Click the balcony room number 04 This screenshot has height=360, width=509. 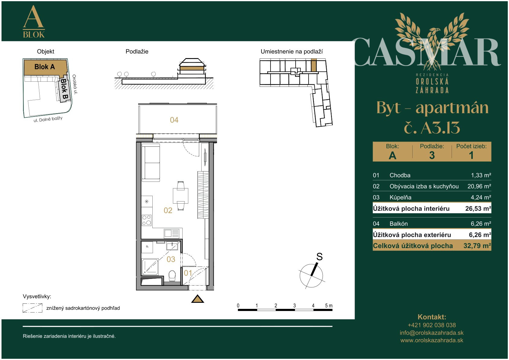(x=174, y=120)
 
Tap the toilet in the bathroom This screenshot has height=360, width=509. (x=172, y=276)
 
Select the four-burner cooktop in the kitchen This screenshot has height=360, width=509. (x=147, y=220)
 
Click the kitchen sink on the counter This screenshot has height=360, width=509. (x=172, y=234)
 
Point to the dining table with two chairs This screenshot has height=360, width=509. (x=180, y=196)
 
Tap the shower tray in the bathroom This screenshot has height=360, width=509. (x=150, y=267)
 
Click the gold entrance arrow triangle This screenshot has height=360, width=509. (x=197, y=299)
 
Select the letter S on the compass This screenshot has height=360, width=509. (x=319, y=257)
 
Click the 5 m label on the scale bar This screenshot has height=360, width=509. (x=329, y=306)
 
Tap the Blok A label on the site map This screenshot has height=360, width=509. (x=44, y=67)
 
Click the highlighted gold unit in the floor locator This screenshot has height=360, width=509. (x=314, y=65)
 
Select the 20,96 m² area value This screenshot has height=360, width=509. (x=479, y=186)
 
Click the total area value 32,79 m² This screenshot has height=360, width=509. (x=477, y=246)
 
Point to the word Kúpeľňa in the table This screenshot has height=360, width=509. (x=400, y=198)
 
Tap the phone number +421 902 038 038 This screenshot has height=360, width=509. (x=432, y=325)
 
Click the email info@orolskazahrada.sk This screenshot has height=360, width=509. (x=432, y=333)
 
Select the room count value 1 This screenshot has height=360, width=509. (x=471, y=155)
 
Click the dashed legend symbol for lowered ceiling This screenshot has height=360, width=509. (x=33, y=308)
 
